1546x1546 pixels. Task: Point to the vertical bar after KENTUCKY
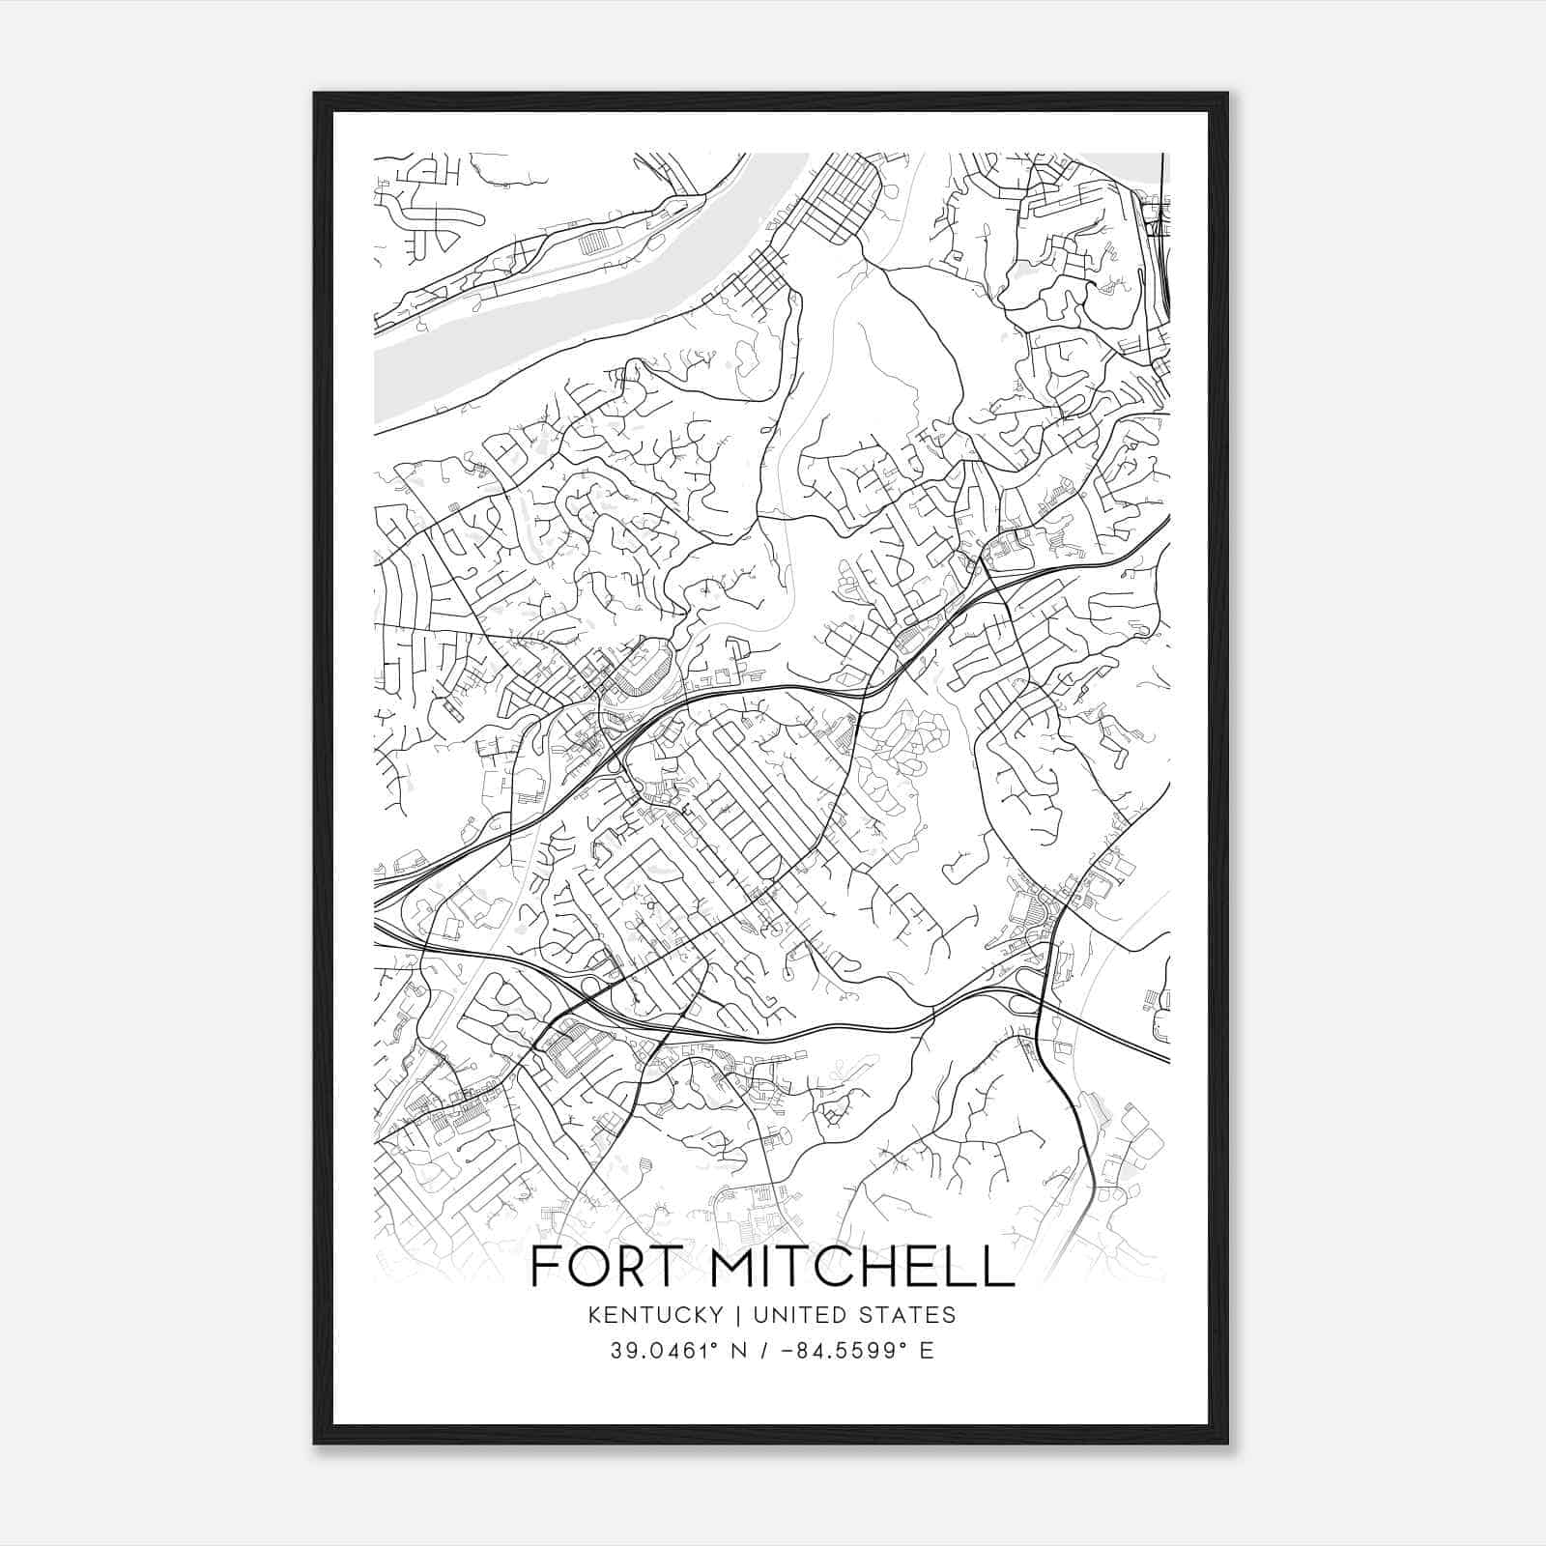click(x=738, y=1315)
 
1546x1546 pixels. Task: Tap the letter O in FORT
click(x=588, y=1267)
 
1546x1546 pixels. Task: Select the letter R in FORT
click(x=632, y=1267)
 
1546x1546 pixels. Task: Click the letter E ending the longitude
click(x=928, y=1351)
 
